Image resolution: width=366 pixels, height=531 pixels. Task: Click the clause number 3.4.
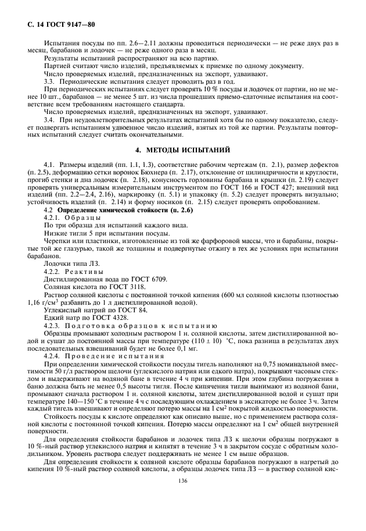pos(50,119)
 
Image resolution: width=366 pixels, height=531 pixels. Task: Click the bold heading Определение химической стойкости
pos(103,209)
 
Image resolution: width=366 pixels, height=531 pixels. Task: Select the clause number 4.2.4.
pos(53,355)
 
